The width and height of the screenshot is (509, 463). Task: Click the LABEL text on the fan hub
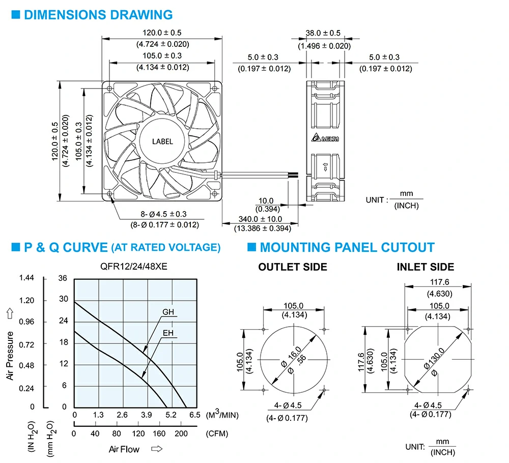tap(162, 141)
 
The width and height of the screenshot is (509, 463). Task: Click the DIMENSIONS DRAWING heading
tap(98, 15)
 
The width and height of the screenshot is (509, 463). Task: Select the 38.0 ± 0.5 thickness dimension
tap(323, 33)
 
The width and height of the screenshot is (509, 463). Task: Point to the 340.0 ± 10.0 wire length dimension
tap(260, 219)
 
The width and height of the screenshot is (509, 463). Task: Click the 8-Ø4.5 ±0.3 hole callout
tap(163, 214)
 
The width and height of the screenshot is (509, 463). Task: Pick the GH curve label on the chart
tap(168, 312)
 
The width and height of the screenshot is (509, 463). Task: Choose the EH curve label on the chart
tap(168, 333)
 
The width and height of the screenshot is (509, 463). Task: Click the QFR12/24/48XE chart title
tap(134, 267)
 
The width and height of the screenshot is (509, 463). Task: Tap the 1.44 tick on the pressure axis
tap(26, 278)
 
